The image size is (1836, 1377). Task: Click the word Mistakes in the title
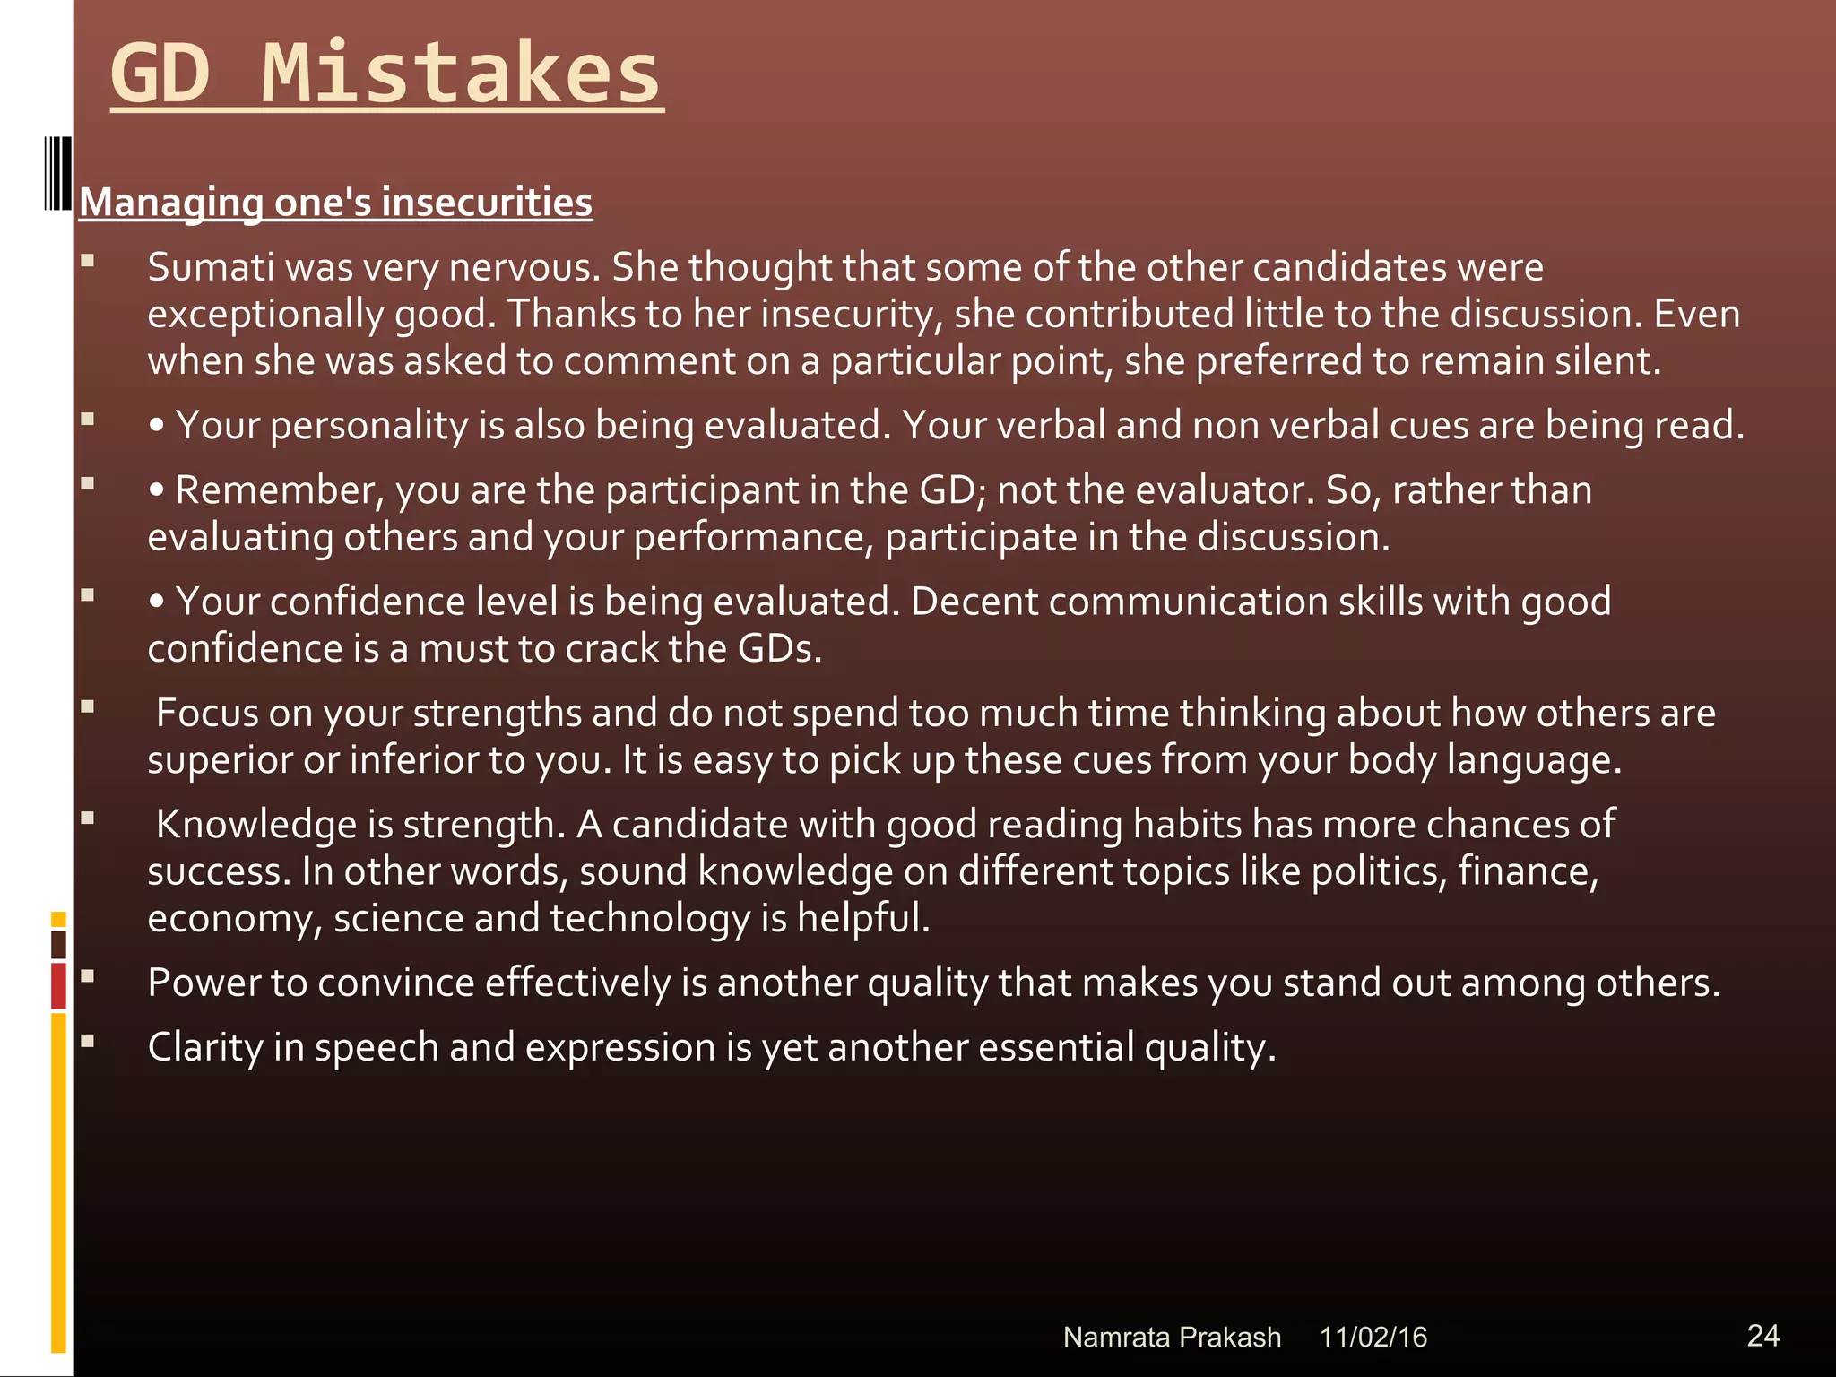461,74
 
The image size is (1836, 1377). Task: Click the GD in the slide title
160,74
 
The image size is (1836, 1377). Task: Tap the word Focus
206,713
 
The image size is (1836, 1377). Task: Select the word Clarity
204,1047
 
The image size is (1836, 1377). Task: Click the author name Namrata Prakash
1172,1338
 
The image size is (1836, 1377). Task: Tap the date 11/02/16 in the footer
1373,1338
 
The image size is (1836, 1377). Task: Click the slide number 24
1762,1336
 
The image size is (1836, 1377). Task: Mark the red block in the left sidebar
59,985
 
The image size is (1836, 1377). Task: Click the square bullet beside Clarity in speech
87,1041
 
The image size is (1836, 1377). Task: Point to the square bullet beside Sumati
87,261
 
